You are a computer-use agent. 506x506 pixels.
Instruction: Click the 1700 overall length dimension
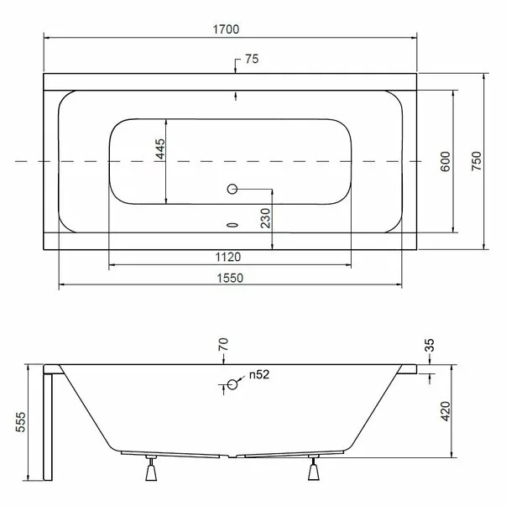point(226,29)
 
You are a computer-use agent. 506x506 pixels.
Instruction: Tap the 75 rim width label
point(252,59)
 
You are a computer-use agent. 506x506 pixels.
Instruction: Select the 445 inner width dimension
point(160,149)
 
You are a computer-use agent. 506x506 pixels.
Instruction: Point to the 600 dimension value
point(445,161)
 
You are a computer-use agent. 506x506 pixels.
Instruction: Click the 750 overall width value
point(477,161)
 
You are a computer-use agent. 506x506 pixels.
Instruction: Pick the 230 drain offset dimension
point(265,218)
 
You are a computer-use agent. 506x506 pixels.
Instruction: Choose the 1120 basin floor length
point(228,257)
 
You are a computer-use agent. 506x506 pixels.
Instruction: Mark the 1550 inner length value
point(230,278)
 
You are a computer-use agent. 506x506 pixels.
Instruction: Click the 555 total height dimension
point(20,422)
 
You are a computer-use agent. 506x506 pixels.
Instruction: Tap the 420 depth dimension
point(446,411)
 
